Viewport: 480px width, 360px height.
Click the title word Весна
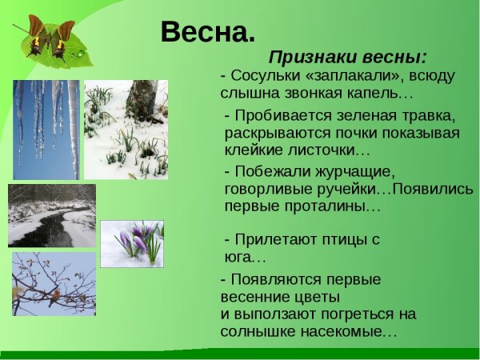(x=207, y=31)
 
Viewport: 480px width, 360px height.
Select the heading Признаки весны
(x=347, y=58)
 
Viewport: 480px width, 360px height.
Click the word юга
(x=242, y=257)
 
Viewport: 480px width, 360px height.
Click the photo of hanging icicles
(x=46, y=128)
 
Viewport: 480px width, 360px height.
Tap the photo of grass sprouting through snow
(x=126, y=128)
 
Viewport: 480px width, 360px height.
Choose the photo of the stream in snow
(x=51, y=215)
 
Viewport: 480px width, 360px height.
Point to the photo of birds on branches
(x=53, y=284)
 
